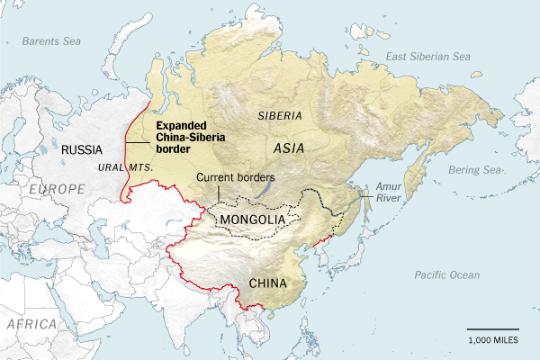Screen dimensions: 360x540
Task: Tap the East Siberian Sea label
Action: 427,56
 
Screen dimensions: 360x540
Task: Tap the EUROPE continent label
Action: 56,188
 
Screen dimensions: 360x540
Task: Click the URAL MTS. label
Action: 124,168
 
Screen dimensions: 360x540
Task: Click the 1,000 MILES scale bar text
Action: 492,340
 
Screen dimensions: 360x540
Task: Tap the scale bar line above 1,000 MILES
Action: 492,329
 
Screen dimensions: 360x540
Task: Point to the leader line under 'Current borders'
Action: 220,193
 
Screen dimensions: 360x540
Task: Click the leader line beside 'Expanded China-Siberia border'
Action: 138,142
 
